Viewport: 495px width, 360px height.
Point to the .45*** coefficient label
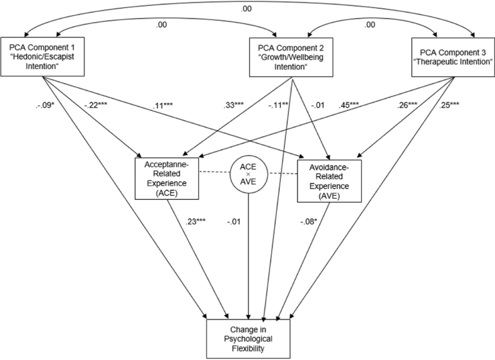[x=349, y=105]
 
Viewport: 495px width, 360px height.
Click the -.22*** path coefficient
[x=96, y=105]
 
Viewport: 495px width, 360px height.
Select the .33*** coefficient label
[x=233, y=105]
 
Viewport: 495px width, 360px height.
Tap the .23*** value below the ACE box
[x=195, y=221]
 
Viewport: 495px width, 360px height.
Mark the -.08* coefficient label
[x=309, y=222]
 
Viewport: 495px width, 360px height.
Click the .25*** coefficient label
[x=449, y=105]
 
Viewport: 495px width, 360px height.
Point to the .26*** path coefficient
[x=407, y=105]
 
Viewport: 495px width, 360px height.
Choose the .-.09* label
[x=45, y=105]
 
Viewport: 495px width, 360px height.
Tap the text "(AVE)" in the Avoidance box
[x=329, y=196]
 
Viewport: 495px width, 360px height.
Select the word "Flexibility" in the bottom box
[x=248, y=348]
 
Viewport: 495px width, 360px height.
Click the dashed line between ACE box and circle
[x=214, y=172]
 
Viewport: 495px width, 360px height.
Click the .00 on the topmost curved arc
[x=246, y=9]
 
